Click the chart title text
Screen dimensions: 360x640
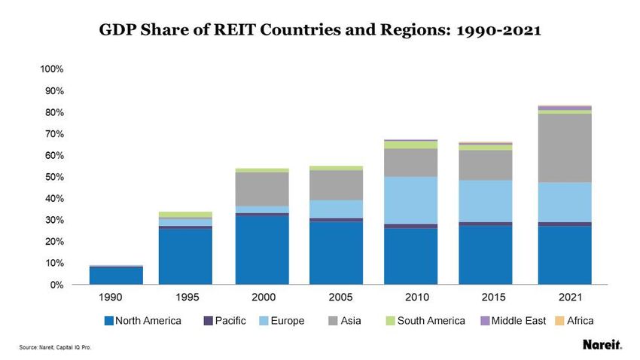(319, 31)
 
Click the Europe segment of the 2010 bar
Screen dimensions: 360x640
(411, 200)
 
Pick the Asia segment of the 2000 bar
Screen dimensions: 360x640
(262, 189)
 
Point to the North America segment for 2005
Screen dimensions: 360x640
(337, 253)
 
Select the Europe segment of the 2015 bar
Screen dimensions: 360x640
(486, 201)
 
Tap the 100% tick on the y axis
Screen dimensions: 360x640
(52, 69)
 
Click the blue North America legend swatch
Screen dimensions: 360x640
(109, 321)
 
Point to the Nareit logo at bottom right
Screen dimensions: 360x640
(602, 346)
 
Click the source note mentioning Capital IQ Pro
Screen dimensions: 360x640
(56, 347)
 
